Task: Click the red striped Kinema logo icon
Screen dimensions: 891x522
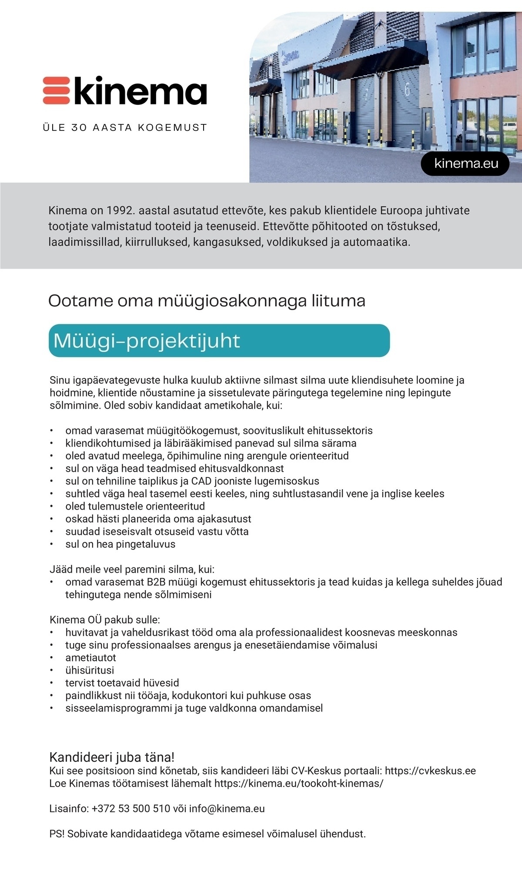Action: coord(56,90)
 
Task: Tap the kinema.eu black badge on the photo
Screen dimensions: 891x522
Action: coord(466,164)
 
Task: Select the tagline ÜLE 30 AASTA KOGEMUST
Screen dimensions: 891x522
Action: coord(125,128)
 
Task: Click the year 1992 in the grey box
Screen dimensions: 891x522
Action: coord(117,211)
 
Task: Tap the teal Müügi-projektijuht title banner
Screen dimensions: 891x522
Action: coord(219,340)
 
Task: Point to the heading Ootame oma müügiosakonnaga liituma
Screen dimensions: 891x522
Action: coord(207,301)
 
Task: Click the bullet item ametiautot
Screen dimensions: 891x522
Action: coord(90,657)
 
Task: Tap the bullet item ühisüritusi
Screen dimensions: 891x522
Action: coord(90,670)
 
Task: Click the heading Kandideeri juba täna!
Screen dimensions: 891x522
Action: coord(112,757)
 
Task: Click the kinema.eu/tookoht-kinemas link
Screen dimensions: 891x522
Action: coord(298,784)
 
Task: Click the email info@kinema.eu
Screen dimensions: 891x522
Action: coord(227,809)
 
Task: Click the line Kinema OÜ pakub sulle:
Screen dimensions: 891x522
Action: coord(105,619)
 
